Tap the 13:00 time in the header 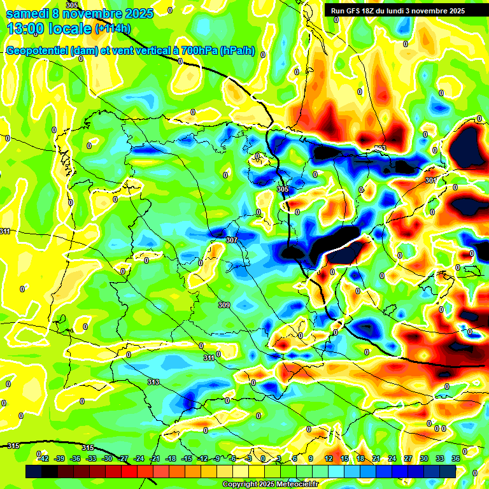coord(24,28)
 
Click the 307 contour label coord(231,240)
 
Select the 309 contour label coord(223,306)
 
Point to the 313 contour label coord(153,382)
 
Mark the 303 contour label coord(380,148)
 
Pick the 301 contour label coord(431,180)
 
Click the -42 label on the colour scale coord(43,458)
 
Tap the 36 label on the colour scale coord(456,458)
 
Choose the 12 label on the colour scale coord(328,458)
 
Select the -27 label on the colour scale coord(123,458)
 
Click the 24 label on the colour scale coord(392,458)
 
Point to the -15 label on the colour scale coord(187,458)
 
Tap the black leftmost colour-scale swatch coord(34,471)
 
